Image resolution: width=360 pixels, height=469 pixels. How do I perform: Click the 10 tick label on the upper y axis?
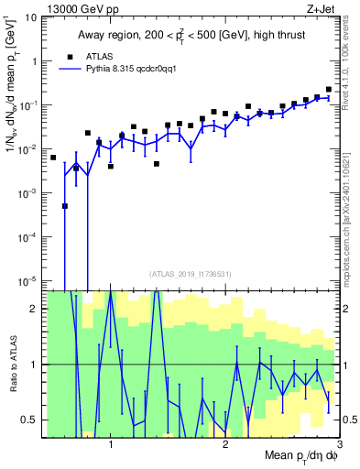29,17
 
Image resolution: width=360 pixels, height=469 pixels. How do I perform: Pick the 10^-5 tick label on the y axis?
27,280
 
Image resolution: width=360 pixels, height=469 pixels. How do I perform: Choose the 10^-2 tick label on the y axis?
27,149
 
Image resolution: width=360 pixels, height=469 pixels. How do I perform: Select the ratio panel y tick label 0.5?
27,420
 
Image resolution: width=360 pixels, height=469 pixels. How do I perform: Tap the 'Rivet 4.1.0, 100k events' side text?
349,64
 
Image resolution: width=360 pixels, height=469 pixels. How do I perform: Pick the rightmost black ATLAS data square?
329,90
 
